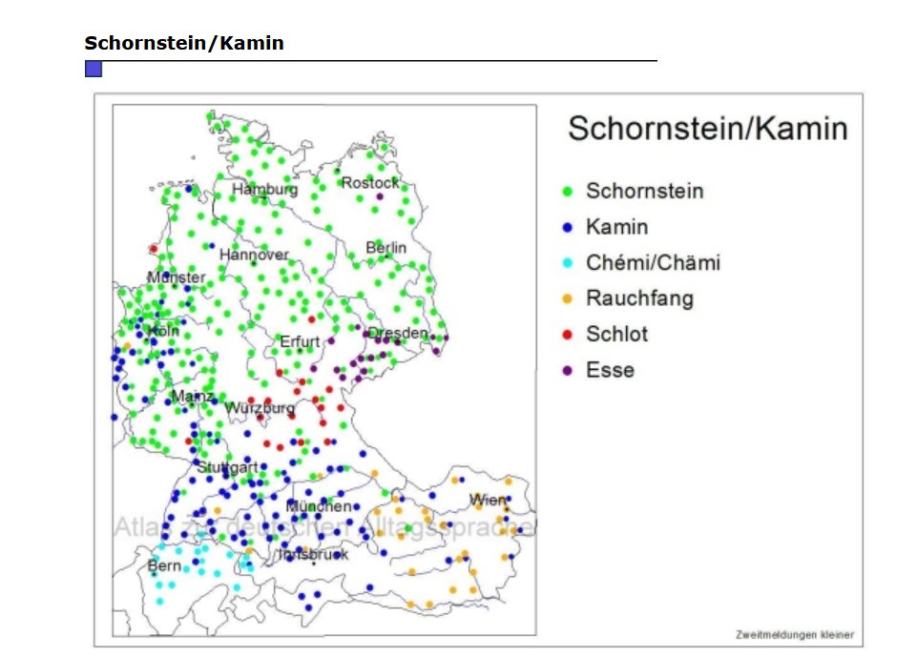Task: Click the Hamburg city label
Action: tap(265, 189)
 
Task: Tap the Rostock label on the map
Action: tap(370, 182)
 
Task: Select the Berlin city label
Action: tap(386, 248)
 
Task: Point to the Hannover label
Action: tap(254, 255)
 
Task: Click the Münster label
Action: tap(176, 277)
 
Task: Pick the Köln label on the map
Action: tap(163, 331)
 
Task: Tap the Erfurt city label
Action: tap(300, 341)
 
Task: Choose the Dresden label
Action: tap(398, 333)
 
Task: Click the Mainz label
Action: tap(192, 396)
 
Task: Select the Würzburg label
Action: tap(260, 408)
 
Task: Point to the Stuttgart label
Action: tap(228, 467)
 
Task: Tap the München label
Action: tap(319, 506)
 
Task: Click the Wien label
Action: tap(487, 500)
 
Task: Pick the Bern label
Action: tap(164, 565)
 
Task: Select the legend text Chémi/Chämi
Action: tap(653, 262)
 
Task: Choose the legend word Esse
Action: tap(610, 370)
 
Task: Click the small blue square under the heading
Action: tap(94, 69)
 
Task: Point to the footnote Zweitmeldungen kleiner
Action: tap(794, 634)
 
